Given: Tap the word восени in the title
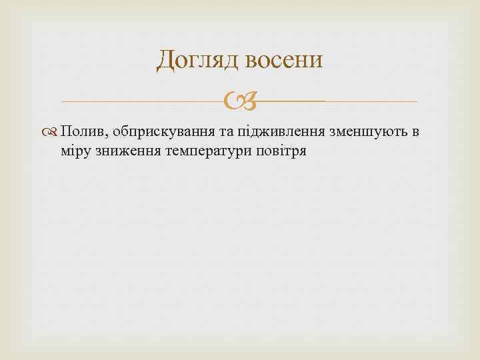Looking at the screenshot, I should [284, 60].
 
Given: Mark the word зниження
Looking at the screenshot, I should [123, 151].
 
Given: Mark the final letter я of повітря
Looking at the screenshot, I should [302, 151].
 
